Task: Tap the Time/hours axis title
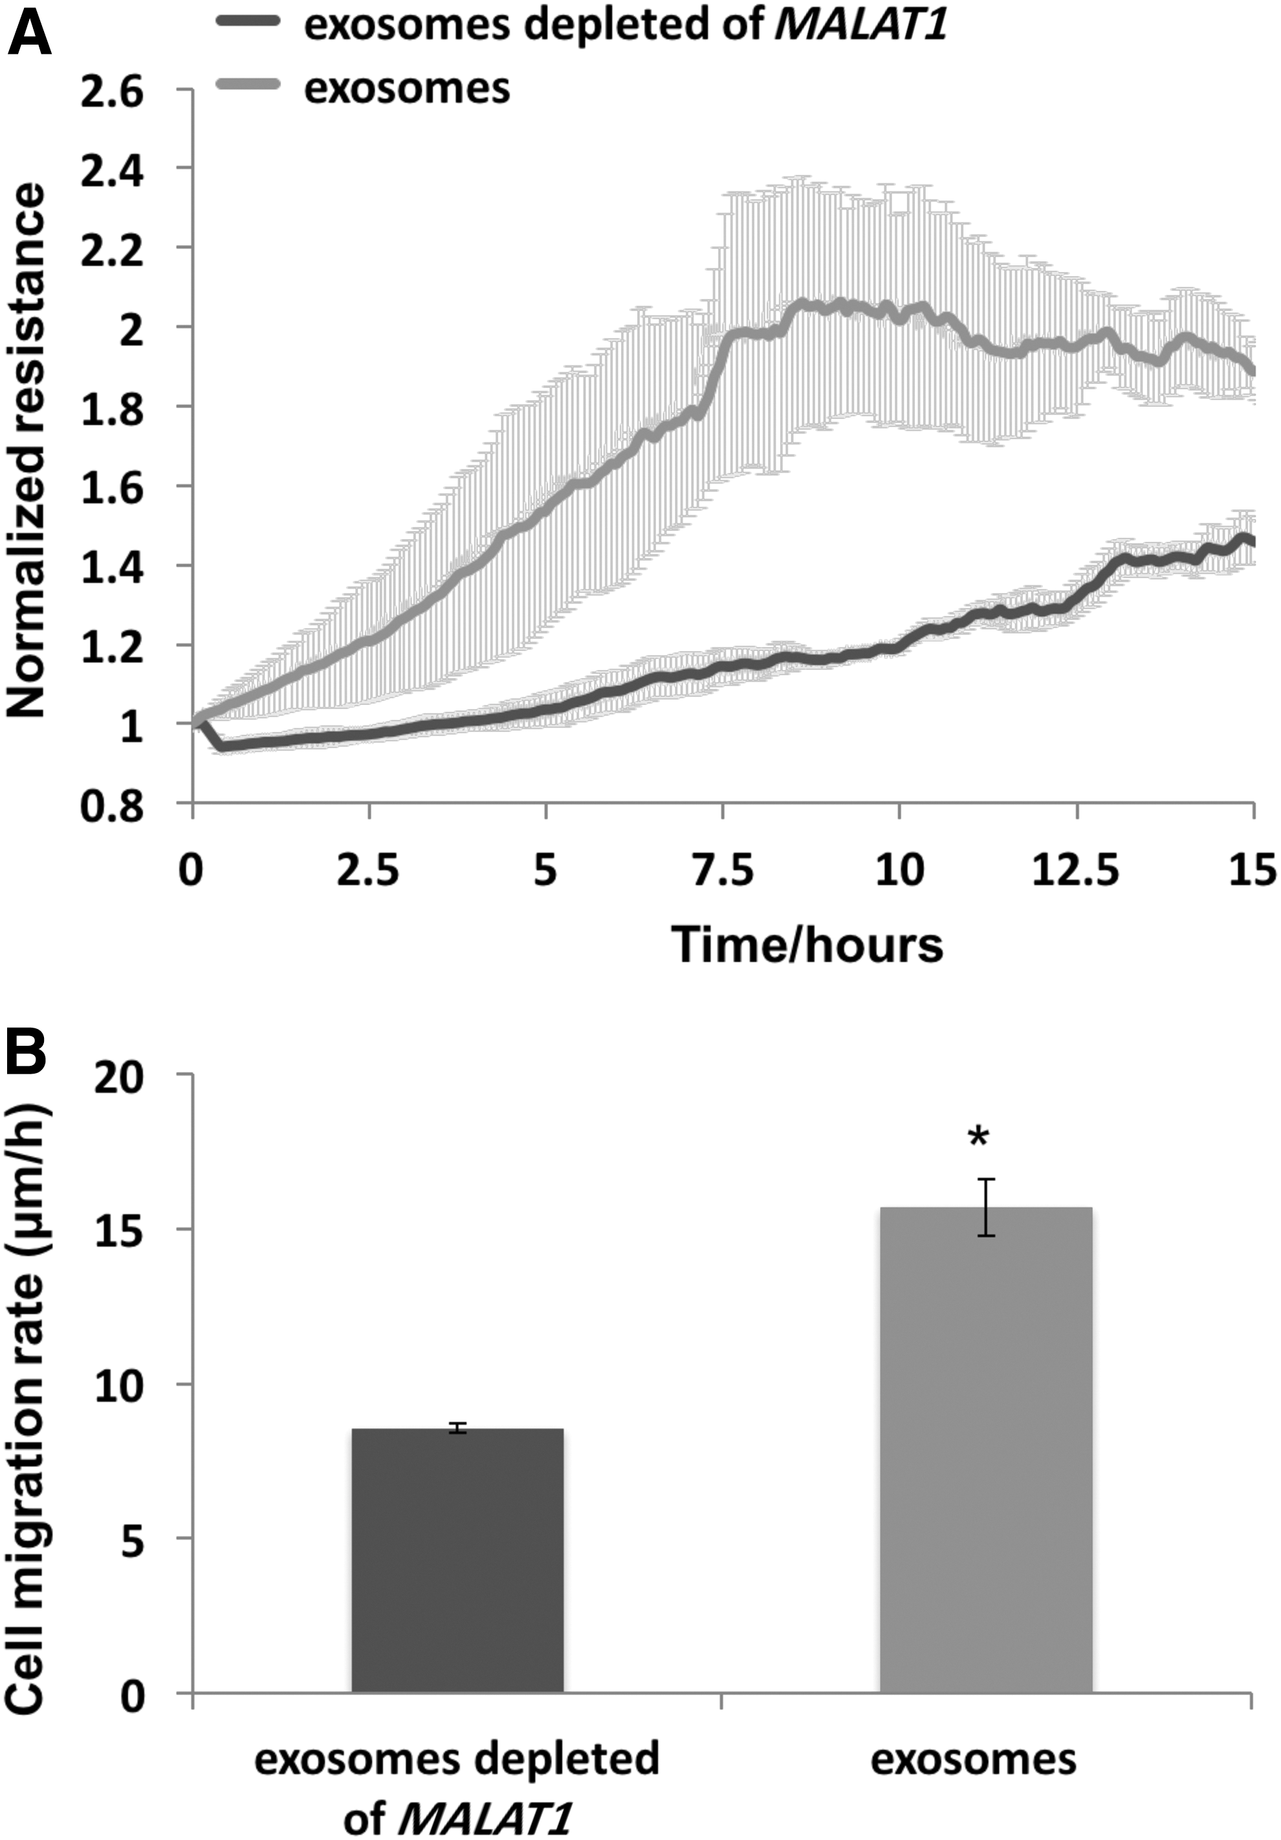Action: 807,944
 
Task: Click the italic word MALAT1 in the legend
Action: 860,26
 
